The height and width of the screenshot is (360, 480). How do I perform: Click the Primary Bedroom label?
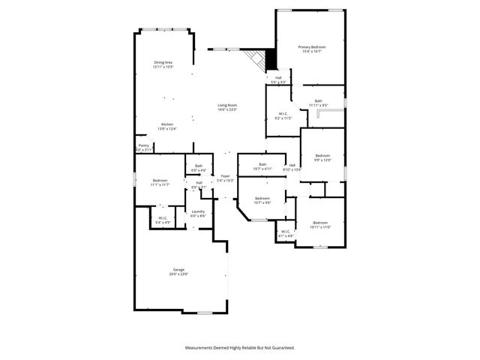pyautogui.click(x=312, y=47)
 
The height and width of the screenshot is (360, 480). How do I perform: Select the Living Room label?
pyautogui.click(x=227, y=105)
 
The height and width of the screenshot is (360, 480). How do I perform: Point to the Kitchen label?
pyautogui.click(x=167, y=124)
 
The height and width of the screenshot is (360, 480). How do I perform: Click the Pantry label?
pyautogui.click(x=143, y=145)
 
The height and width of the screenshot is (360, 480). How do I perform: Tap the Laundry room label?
pyautogui.click(x=198, y=211)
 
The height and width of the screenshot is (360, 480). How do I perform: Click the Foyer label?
pyautogui.click(x=225, y=176)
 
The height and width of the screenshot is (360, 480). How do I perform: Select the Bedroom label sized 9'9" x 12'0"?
pyautogui.click(x=322, y=156)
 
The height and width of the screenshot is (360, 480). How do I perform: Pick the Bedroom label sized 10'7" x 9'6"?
pyautogui.click(x=262, y=198)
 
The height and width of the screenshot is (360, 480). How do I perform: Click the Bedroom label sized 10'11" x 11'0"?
pyautogui.click(x=320, y=223)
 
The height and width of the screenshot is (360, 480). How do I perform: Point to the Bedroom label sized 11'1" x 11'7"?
pyautogui.click(x=160, y=181)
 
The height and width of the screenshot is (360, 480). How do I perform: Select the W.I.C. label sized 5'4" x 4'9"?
pyautogui.click(x=163, y=218)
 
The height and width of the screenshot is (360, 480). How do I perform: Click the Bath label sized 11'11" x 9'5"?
pyautogui.click(x=319, y=101)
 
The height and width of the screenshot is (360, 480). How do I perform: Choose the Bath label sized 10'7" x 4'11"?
pyautogui.click(x=262, y=164)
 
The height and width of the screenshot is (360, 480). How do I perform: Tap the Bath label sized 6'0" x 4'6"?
pyautogui.click(x=199, y=166)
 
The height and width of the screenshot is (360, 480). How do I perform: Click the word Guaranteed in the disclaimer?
pyautogui.click(x=281, y=347)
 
